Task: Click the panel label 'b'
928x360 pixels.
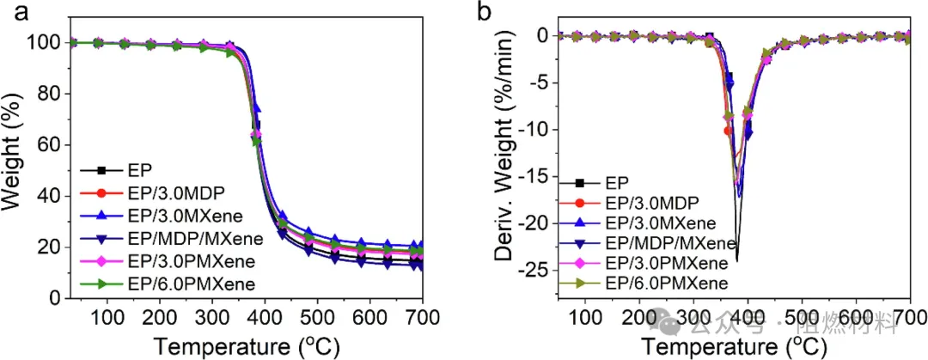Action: click(x=485, y=12)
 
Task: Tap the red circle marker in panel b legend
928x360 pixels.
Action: click(x=579, y=203)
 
